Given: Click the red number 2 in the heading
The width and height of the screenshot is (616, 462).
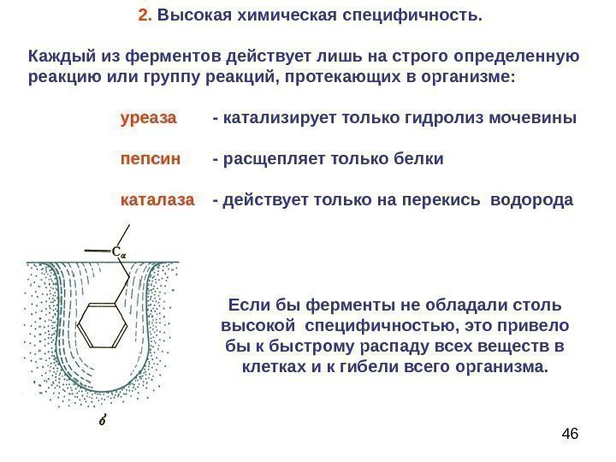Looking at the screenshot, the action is (142, 15).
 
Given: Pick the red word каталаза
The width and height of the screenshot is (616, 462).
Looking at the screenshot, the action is (158, 201).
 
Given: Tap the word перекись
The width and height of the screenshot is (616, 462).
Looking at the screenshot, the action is (438, 201).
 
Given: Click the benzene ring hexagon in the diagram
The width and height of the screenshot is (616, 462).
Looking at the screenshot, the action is (101, 326).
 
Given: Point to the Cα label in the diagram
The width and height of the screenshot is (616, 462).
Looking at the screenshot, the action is (118, 252).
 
